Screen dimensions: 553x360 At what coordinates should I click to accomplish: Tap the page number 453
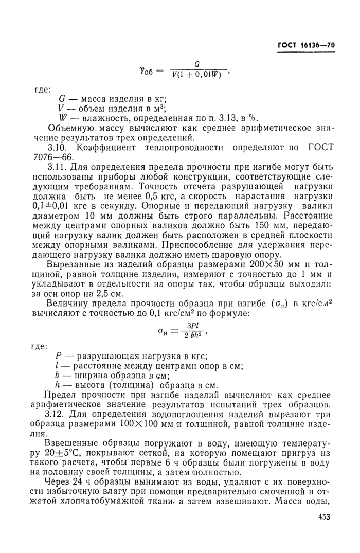point(322,518)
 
